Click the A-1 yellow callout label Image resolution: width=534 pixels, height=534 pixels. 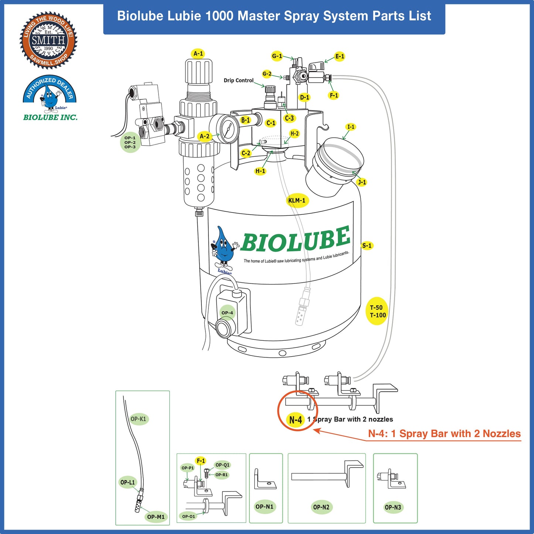[x=198, y=54]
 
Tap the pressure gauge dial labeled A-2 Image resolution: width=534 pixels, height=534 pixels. [x=227, y=129]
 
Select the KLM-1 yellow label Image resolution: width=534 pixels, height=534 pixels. [x=297, y=200]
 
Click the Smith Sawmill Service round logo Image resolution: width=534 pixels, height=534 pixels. [x=48, y=40]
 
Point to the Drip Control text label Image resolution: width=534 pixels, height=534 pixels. [x=238, y=80]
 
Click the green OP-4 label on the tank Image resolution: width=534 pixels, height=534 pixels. [x=227, y=313]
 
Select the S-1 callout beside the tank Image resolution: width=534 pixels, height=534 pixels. [x=367, y=245]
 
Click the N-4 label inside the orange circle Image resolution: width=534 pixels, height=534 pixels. [x=296, y=420]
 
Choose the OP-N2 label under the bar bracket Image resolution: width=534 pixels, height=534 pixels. [x=321, y=507]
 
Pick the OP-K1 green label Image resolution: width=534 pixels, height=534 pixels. [x=139, y=419]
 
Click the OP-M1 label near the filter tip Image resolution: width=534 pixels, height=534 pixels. [x=156, y=517]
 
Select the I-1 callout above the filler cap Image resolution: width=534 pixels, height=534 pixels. [x=351, y=127]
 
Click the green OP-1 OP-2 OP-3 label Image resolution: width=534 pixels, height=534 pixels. [x=130, y=142]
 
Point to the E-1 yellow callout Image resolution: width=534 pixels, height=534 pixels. [x=340, y=56]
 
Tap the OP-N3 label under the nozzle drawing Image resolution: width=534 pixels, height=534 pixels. [x=393, y=507]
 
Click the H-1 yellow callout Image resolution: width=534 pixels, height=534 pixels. [x=260, y=171]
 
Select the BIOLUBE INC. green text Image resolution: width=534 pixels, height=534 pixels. [x=50, y=118]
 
